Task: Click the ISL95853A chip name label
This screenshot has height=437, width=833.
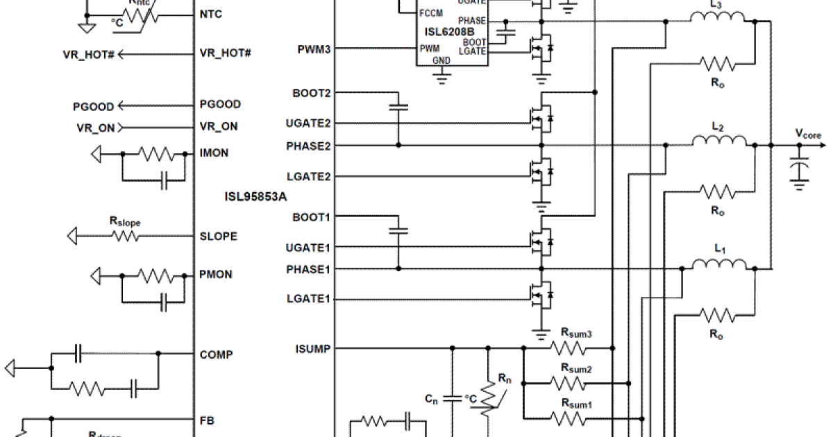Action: pos(255,197)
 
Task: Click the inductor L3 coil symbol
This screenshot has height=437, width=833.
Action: pos(717,18)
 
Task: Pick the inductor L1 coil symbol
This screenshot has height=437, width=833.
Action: pos(720,264)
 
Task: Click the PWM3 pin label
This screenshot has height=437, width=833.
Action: pos(313,49)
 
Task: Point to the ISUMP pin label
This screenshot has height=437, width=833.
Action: pos(313,348)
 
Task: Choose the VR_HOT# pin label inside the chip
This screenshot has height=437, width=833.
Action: pos(225,53)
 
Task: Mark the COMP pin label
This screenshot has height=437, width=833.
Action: pos(216,354)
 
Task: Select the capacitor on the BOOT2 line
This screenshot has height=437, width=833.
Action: pos(398,108)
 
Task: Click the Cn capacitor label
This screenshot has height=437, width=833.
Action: pos(431,399)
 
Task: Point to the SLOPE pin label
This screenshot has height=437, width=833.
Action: pos(218,237)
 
